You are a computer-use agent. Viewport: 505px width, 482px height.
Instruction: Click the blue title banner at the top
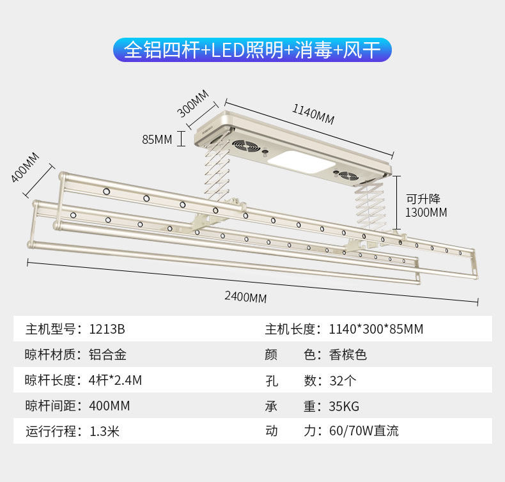(252, 50)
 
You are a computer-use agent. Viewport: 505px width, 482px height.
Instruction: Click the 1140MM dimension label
(313, 114)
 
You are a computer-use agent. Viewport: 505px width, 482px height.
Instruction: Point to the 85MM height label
(157, 139)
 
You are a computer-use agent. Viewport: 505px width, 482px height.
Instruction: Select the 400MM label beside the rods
(24, 167)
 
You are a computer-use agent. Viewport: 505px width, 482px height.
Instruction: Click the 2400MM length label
(245, 297)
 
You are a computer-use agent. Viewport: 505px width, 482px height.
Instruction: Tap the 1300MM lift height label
(426, 212)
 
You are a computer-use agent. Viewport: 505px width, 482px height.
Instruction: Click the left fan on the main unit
(245, 147)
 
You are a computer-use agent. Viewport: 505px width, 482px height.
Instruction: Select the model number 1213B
(107, 330)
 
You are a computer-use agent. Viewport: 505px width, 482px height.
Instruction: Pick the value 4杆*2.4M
(115, 380)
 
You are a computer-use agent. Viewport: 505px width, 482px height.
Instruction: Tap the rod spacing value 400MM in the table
(109, 406)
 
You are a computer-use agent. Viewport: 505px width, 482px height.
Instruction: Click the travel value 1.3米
(104, 431)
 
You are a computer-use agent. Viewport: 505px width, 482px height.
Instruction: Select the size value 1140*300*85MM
(376, 330)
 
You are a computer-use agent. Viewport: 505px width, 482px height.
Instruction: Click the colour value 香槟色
(348, 355)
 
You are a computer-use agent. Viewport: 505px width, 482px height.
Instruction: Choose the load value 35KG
(344, 406)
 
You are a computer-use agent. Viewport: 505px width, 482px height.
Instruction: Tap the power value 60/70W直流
(364, 431)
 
